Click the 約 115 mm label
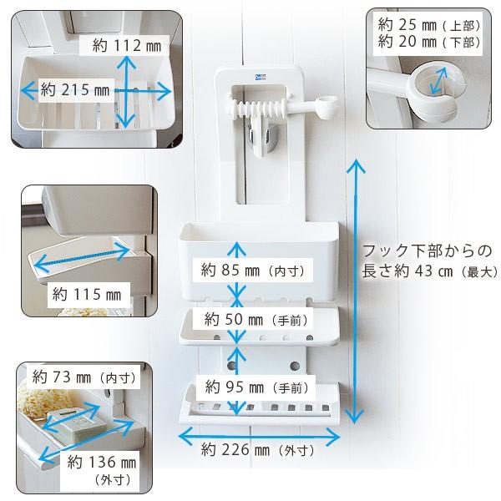(85, 293)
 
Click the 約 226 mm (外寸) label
(257, 451)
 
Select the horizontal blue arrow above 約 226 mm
(260, 434)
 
